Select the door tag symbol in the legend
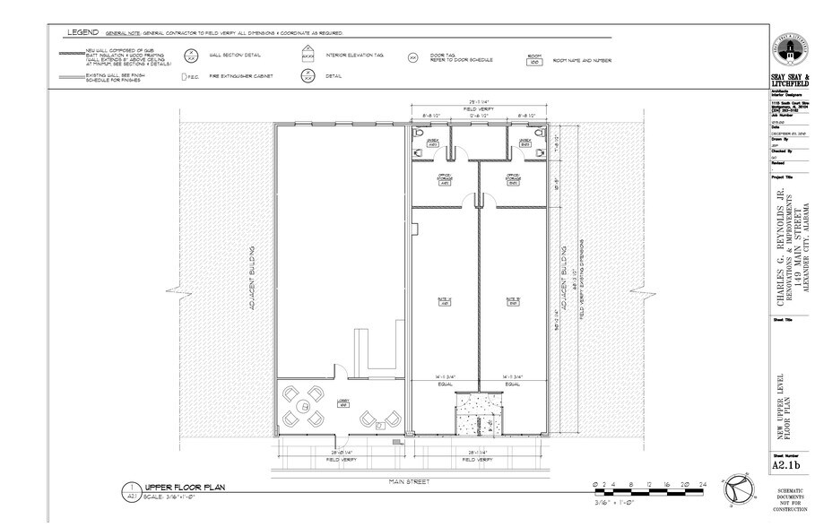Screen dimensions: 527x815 (413, 57)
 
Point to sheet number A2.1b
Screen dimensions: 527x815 (786, 467)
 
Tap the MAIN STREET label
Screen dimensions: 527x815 (410, 482)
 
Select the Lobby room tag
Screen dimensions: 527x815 (342, 402)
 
